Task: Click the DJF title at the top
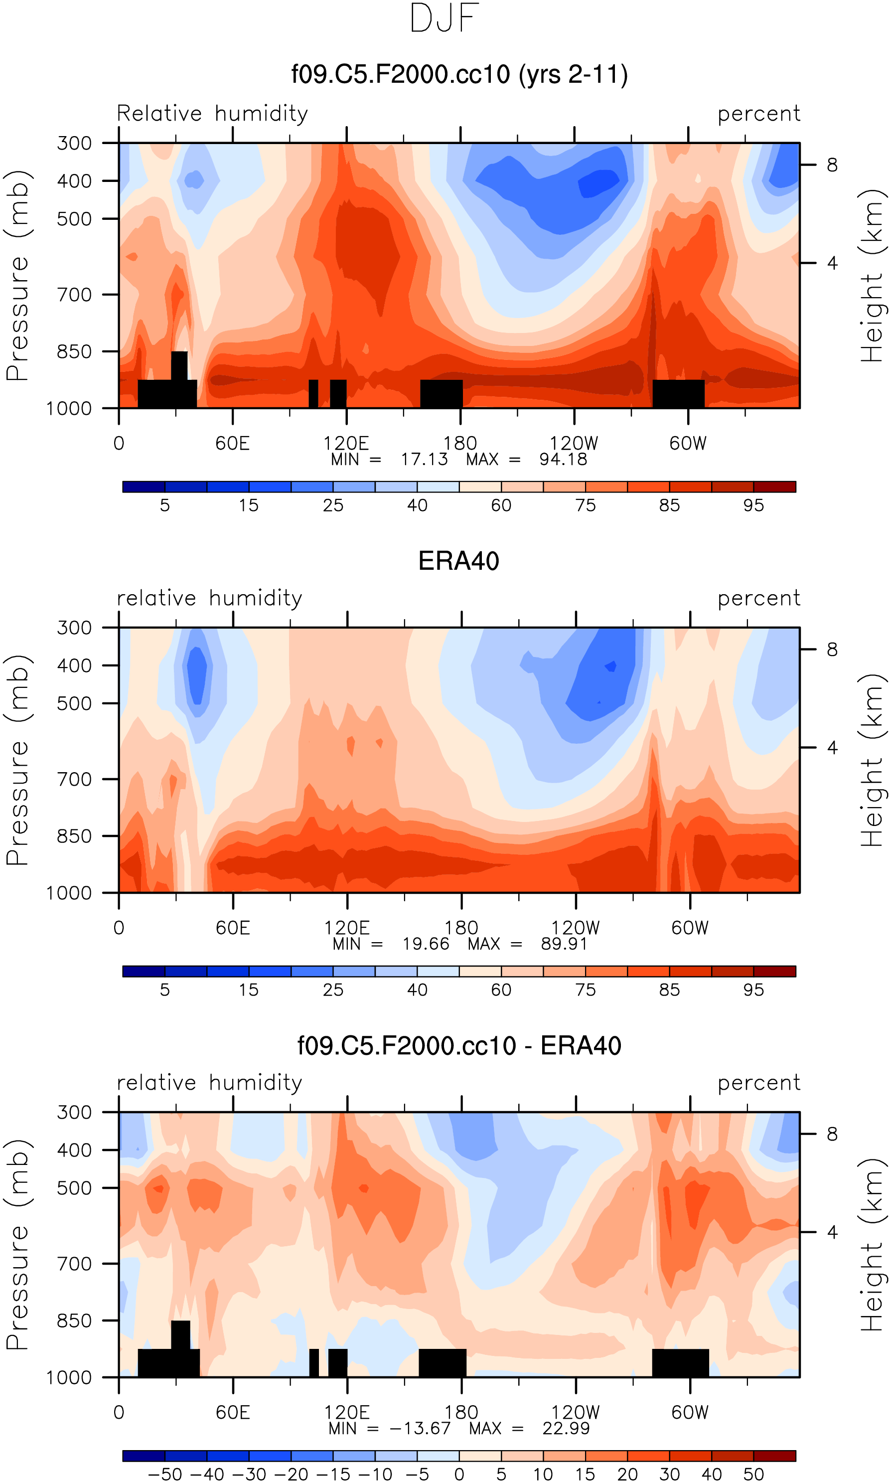click(445, 18)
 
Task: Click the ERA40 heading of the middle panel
click(459, 561)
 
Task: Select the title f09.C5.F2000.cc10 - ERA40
click(459, 1046)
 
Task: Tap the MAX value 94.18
click(563, 459)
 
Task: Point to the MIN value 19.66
click(426, 944)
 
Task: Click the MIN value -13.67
click(420, 1428)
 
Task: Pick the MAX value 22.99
click(566, 1428)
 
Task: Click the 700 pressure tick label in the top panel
click(74, 295)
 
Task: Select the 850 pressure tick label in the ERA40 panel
click(74, 836)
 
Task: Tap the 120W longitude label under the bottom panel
click(575, 1412)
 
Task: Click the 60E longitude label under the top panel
click(232, 444)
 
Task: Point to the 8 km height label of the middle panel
click(832, 650)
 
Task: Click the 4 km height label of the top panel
click(832, 263)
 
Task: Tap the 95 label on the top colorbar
click(753, 505)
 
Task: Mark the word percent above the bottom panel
click(759, 1083)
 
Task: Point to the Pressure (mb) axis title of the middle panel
click(18, 760)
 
